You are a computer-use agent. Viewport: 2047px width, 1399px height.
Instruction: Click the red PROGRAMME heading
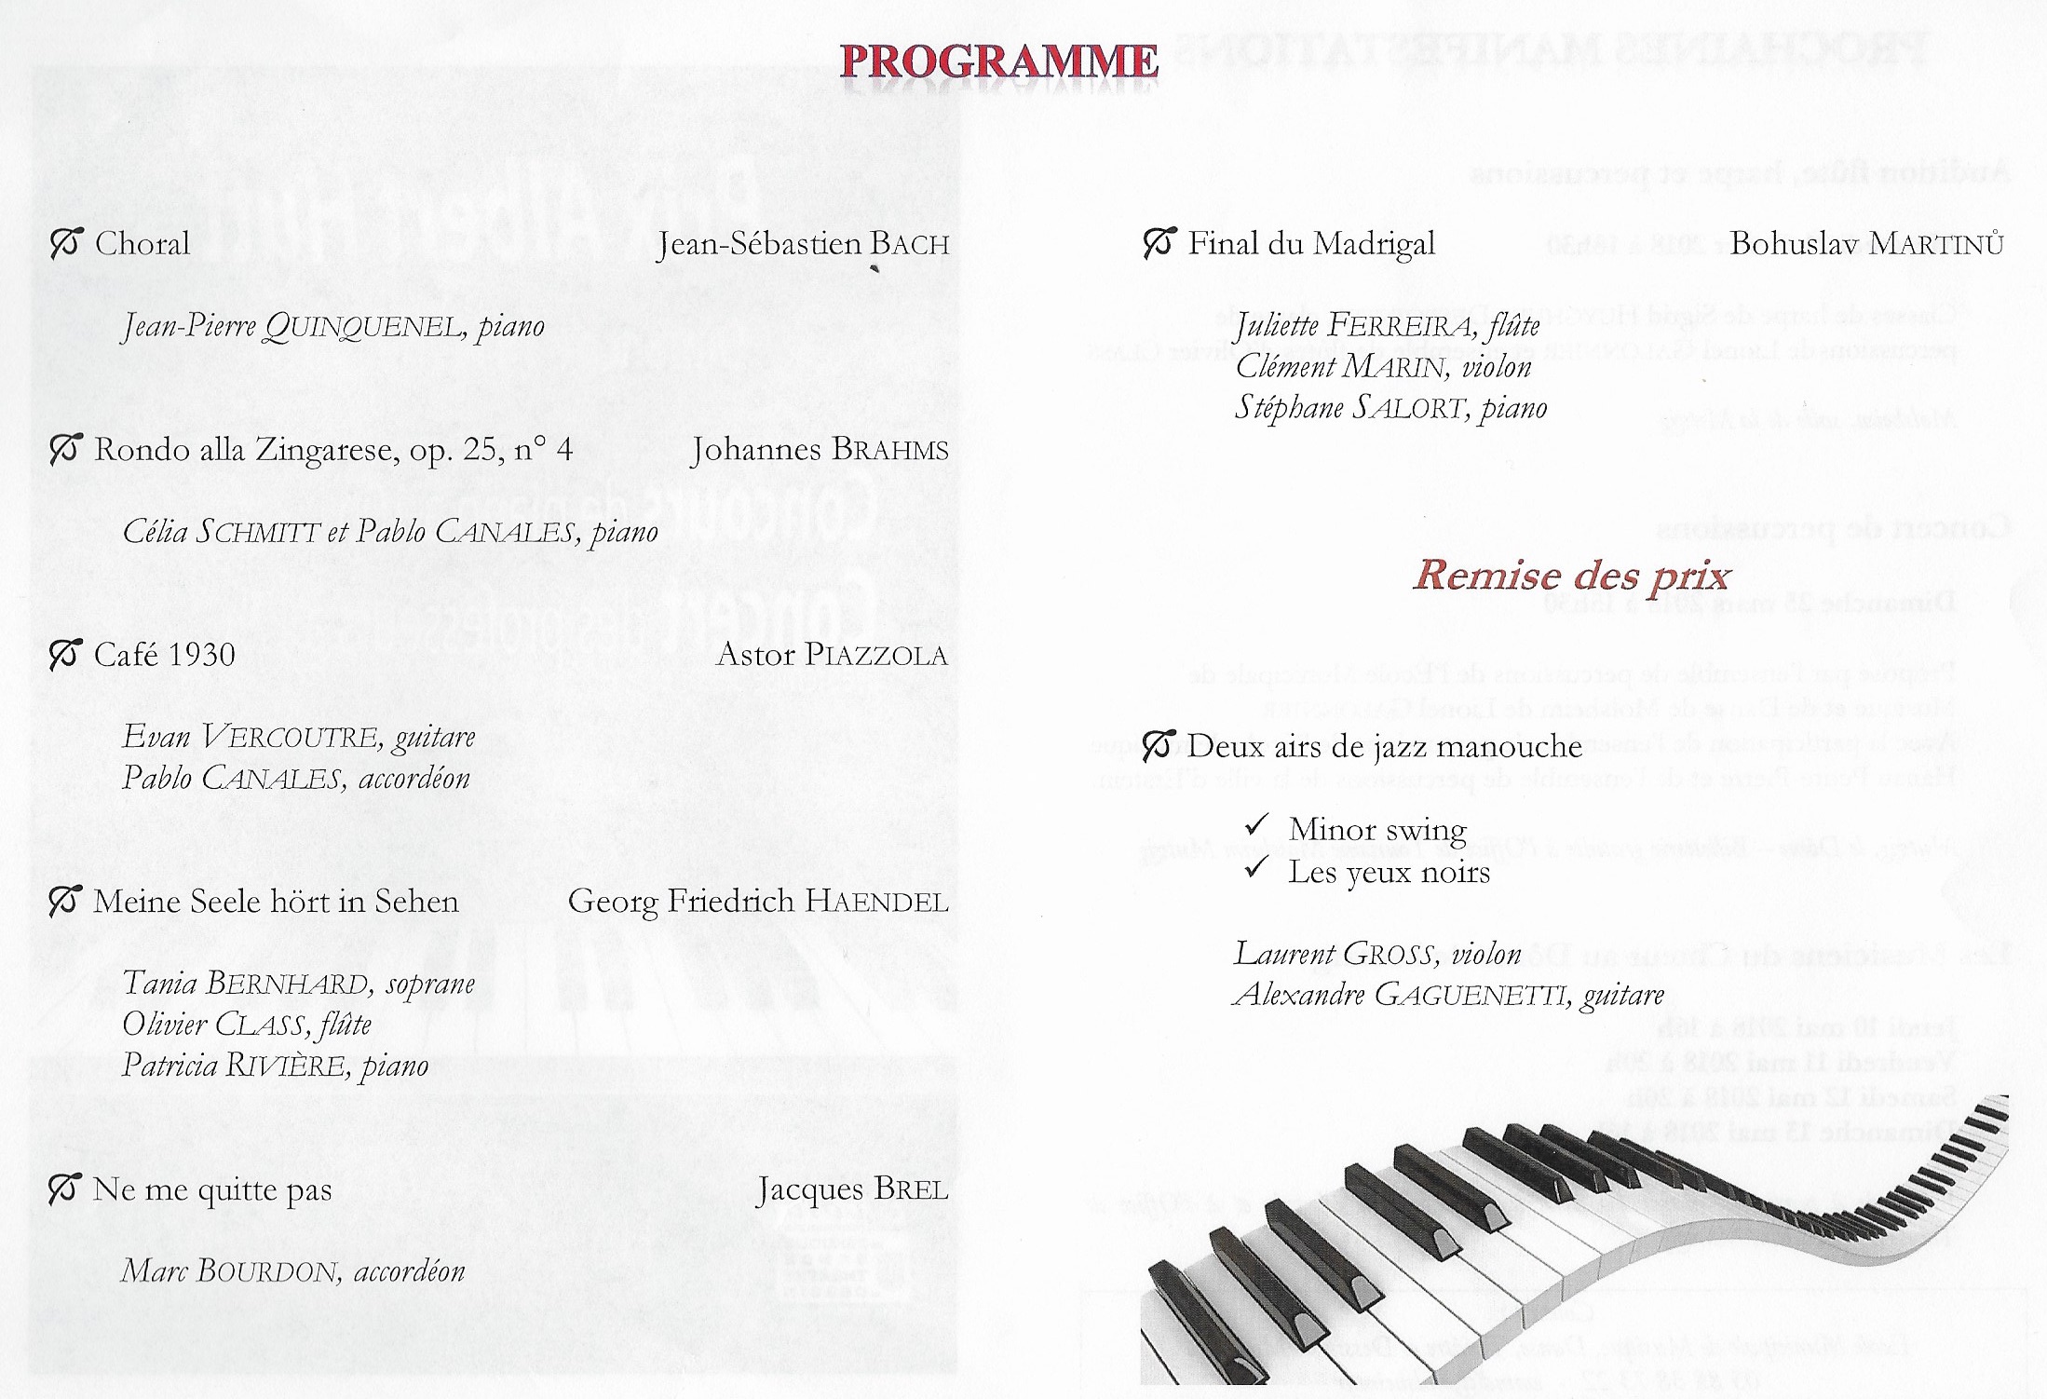click(999, 61)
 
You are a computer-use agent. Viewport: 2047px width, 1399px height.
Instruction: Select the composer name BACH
click(910, 245)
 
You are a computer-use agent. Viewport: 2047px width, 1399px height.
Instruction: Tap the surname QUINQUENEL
click(363, 327)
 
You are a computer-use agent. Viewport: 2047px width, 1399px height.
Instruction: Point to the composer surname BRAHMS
click(889, 451)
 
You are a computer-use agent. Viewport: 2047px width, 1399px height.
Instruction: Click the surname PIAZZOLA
click(876, 655)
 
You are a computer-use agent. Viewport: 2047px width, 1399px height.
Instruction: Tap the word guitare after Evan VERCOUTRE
click(435, 738)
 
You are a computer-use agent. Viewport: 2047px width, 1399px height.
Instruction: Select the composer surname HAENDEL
click(876, 902)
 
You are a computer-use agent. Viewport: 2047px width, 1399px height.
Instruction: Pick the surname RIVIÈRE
click(289, 1066)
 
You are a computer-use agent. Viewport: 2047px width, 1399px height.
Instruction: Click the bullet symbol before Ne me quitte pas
click(65, 1189)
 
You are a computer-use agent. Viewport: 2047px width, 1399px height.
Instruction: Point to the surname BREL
click(913, 1190)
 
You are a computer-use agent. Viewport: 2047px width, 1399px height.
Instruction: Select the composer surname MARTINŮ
click(1936, 245)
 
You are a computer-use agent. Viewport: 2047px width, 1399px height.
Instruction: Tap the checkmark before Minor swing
click(1257, 825)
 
